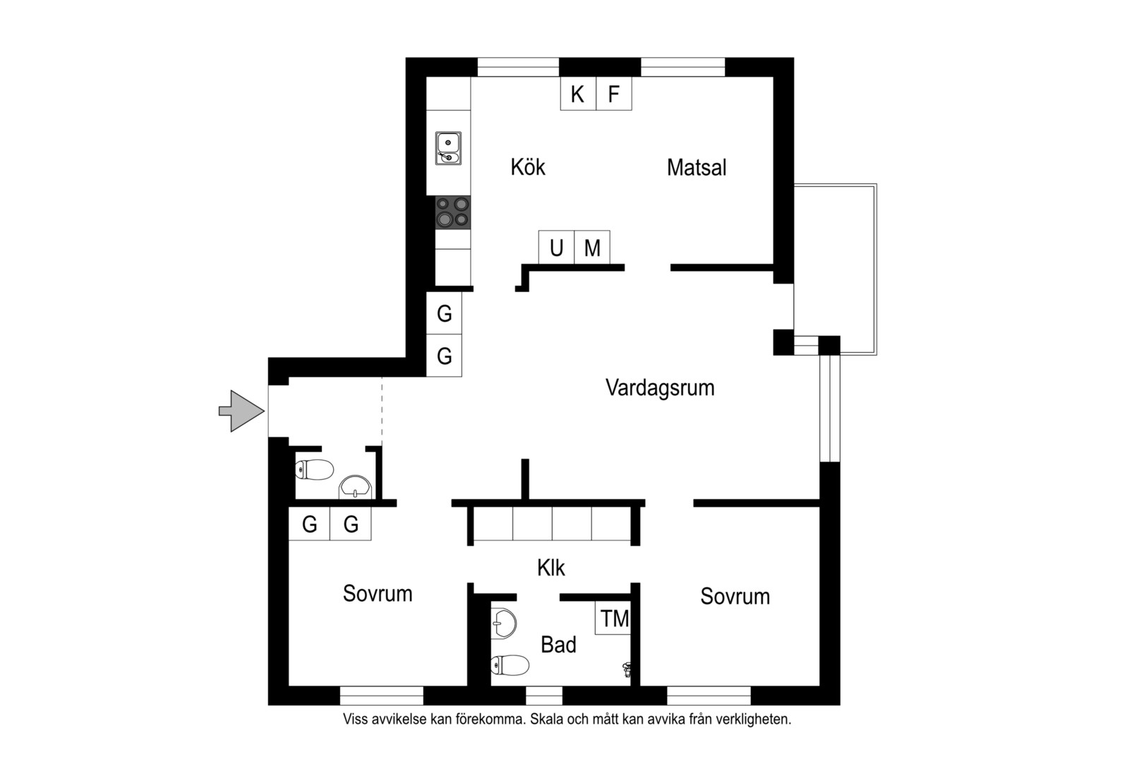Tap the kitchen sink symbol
[x=448, y=148]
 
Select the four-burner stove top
[x=453, y=212]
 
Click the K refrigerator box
[x=578, y=93]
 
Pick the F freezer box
[x=614, y=93]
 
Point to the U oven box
[x=557, y=248]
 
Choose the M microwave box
[x=592, y=248]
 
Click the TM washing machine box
[x=613, y=618]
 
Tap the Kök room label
[x=528, y=167]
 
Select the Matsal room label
[x=697, y=167]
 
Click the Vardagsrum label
[x=660, y=387]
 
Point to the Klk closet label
[x=551, y=567]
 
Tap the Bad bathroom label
[x=559, y=645]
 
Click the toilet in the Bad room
[x=510, y=665]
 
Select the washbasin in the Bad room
[x=504, y=624]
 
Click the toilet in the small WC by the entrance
[x=315, y=469]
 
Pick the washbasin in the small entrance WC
[x=355, y=488]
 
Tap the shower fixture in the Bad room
[x=627, y=669]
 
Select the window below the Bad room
[x=544, y=696]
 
